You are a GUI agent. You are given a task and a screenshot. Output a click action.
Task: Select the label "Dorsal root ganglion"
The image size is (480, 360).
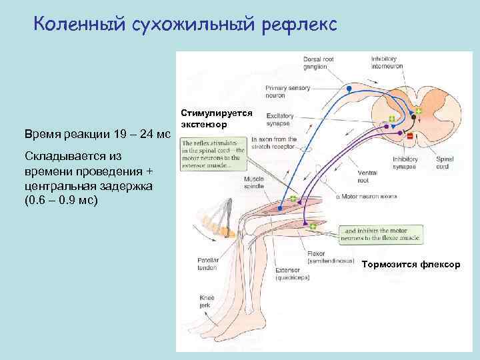315,62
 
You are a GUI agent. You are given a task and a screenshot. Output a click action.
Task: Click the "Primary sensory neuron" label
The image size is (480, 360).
285,91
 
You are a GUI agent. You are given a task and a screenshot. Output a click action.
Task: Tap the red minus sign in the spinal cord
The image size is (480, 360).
409,136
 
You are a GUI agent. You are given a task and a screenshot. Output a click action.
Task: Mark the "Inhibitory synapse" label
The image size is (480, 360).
406,163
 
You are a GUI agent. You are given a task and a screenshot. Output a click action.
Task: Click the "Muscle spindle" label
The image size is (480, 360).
253,182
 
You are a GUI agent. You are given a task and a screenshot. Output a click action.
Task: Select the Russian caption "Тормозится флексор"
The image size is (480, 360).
411,265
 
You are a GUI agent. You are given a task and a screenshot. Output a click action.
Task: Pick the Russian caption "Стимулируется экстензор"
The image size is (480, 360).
210,119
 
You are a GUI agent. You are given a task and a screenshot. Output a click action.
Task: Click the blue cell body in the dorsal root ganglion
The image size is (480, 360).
348,88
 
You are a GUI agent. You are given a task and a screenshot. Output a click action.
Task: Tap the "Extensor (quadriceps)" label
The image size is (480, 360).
291,274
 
